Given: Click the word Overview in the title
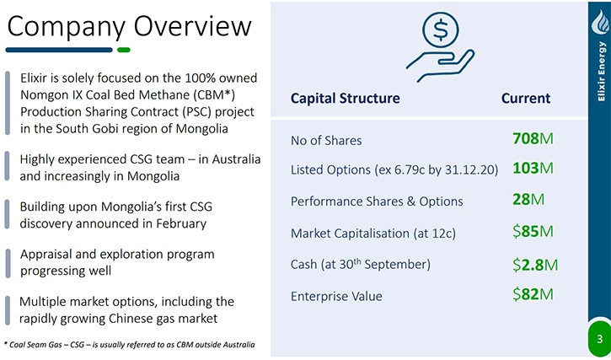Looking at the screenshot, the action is coord(193,26).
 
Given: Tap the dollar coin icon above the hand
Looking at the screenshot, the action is coord(441,30).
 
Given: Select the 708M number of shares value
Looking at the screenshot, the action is coord(533,139).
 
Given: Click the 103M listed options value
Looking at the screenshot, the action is coord(533,169).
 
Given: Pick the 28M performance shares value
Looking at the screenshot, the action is coord(528,200).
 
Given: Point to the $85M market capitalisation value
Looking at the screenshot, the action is coord(533,232).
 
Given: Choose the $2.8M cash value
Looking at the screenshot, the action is coord(535,265).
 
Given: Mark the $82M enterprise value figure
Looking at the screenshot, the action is coord(533,294).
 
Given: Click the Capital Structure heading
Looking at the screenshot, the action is coord(346,98).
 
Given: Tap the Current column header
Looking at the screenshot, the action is coord(526,98).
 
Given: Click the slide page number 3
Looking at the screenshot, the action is coord(600,340).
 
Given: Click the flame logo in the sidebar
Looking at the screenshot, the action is coord(601,22).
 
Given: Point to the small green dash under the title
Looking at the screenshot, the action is coord(124,50).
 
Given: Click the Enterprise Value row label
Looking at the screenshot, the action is coord(336,296).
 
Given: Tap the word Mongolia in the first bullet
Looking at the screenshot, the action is coord(201,128).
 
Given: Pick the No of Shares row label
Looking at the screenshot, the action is coord(326,141).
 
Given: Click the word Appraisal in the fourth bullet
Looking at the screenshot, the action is coord(46,255).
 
